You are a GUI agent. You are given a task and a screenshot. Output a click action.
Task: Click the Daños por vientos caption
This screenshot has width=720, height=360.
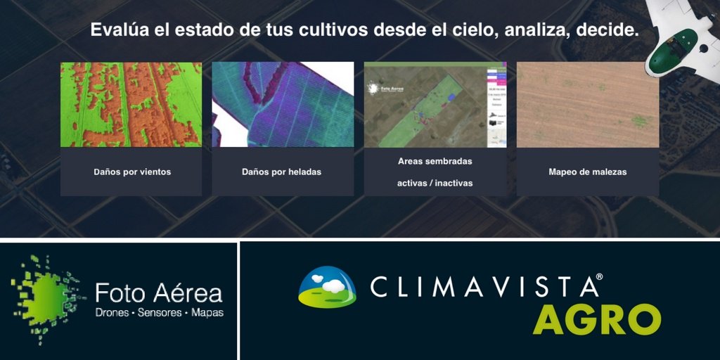pos(132,172)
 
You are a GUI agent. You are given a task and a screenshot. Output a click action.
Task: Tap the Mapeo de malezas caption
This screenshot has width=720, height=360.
pos(587,172)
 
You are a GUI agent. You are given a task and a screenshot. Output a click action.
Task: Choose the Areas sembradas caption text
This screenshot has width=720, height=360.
pos(435,161)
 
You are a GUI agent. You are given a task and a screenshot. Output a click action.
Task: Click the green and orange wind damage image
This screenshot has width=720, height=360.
pos(131,104)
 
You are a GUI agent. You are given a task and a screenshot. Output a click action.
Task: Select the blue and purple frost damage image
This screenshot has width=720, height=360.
pos(283,104)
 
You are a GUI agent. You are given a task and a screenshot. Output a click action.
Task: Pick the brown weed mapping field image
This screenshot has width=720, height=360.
pos(587,104)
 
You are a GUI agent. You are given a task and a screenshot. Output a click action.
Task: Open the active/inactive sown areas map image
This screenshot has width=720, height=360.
pos(435,104)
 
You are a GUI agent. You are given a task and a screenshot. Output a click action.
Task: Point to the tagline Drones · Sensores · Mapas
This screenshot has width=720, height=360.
pos(159,312)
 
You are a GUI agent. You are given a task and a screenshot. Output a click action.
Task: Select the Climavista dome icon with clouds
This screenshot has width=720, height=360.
pos(327,287)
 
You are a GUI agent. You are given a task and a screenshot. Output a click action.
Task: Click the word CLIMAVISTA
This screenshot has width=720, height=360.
pos(482,286)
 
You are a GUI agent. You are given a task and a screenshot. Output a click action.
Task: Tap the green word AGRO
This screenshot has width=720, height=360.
pos(596,320)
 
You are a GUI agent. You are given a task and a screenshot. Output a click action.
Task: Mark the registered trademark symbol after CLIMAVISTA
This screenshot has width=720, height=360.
pos(599,277)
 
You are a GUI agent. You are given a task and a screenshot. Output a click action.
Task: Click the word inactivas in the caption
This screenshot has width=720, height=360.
pos(450,183)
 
